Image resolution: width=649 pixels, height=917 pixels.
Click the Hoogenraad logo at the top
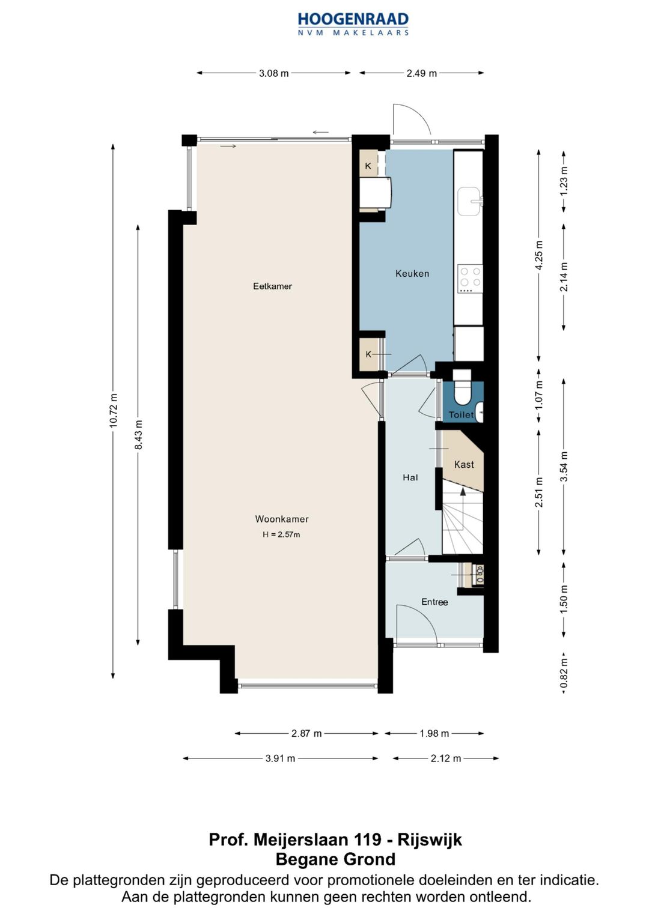tap(353, 24)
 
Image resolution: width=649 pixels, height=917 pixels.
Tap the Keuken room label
tap(412, 273)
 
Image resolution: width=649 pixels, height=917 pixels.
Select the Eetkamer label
tap(272, 286)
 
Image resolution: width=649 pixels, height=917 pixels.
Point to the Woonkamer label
tap(282, 519)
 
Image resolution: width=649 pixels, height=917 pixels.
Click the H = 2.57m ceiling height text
tap(281, 534)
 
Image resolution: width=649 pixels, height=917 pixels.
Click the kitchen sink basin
tap(469, 201)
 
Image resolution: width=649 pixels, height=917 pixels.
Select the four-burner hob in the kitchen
tap(470, 279)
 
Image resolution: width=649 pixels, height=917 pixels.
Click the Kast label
tap(464, 465)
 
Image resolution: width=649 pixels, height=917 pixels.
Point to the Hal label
tap(410, 477)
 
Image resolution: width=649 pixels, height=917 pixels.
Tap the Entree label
tap(434, 602)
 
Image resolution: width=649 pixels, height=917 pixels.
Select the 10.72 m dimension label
tap(114, 411)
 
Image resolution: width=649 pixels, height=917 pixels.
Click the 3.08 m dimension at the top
tap(273, 73)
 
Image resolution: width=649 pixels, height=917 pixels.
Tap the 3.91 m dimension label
tap(280, 758)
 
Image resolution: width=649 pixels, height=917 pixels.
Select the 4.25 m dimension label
tap(539, 255)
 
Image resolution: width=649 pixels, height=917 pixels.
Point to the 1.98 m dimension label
tap(434, 734)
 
